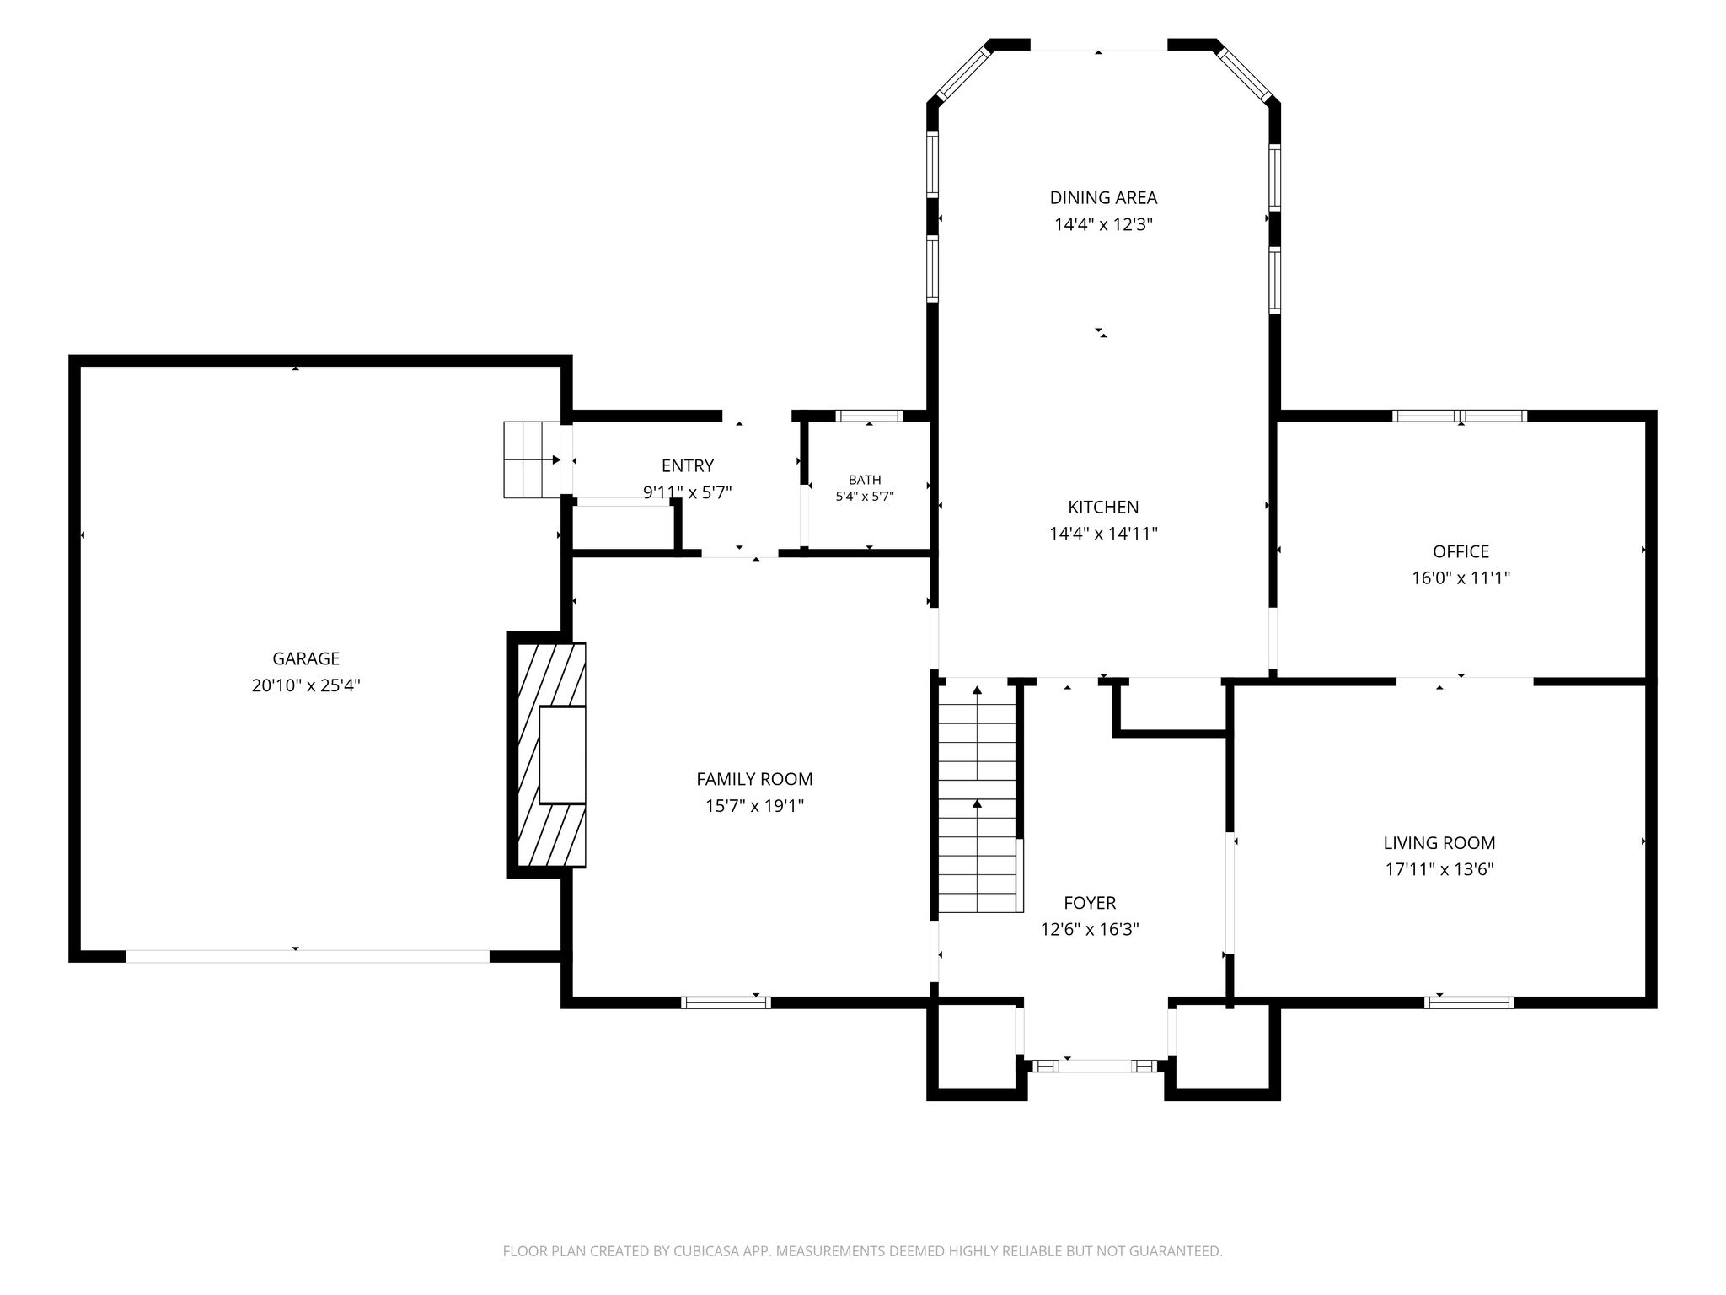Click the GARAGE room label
(306, 658)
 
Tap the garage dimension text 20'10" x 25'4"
(306, 685)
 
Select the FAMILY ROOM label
(754, 779)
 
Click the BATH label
(865, 480)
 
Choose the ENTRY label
(688, 465)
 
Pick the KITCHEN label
(1103, 507)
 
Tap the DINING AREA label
(1103, 197)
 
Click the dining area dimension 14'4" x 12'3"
(1103, 224)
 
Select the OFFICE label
(1461, 551)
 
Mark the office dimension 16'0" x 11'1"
(1461, 578)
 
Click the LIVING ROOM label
(1439, 842)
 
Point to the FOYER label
(1090, 903)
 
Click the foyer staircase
(978, 798)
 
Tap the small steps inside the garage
(533, 459)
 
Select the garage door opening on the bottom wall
(308, 956)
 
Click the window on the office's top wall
(1460, 416)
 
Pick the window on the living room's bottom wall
(1469, 1002)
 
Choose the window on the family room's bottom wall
(726, 1002)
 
